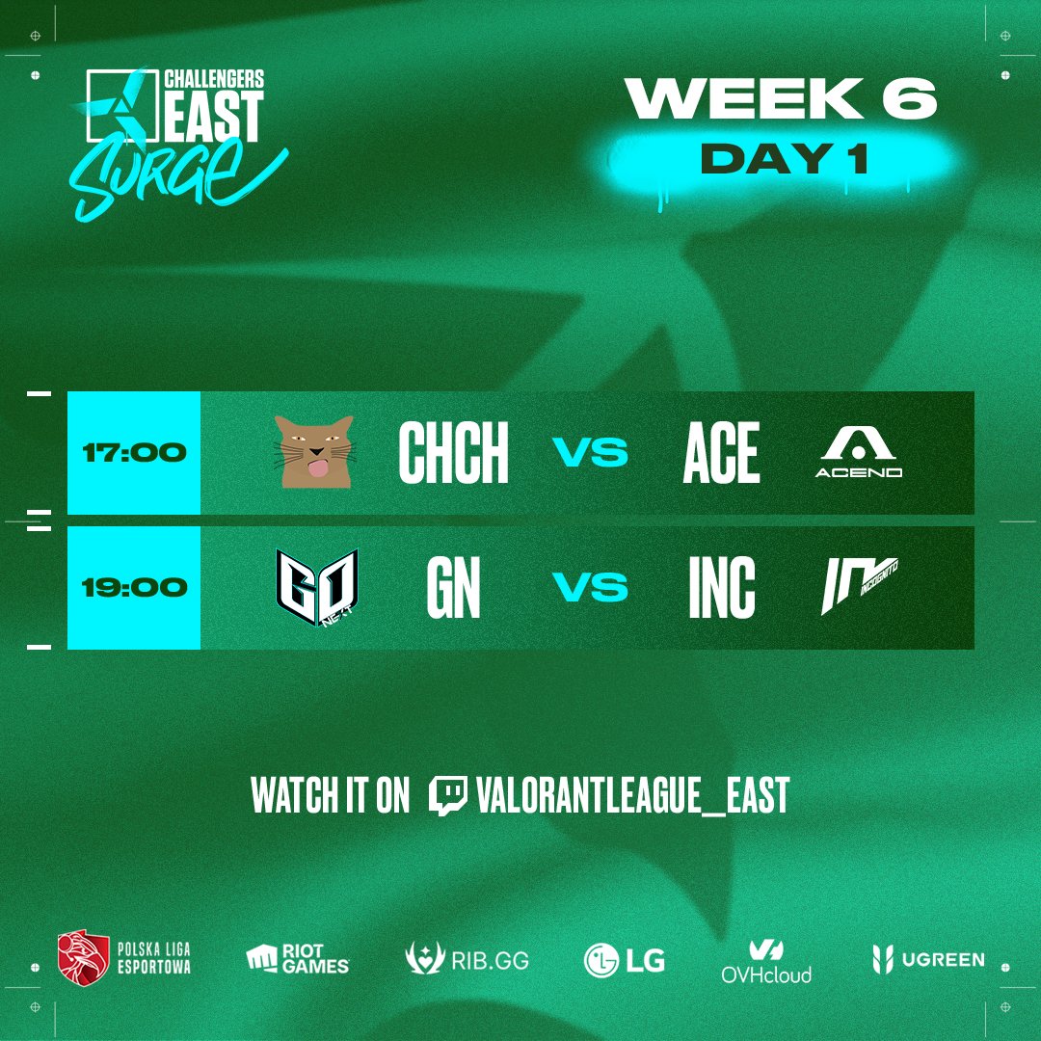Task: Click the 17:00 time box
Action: (x=133, y=452)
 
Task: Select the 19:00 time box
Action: (x=133, y=587)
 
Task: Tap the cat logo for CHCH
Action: (x=313, y=452)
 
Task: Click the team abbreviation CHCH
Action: (x=453, y=452)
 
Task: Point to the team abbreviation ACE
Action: (x=721, y=452)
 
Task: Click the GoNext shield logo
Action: (x=317, y=583)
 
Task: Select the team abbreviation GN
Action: (x=453, y=587)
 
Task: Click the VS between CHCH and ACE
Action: (x=590, y=452)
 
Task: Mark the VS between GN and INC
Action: (x=590, y=587)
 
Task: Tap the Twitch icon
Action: (x=448, y=795)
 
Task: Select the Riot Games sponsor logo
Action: (x=298, y=959)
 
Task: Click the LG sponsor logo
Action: (x=625, y=960)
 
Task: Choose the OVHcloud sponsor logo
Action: (x=766, y=961)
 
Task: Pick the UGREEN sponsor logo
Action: (x=928, y=959)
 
